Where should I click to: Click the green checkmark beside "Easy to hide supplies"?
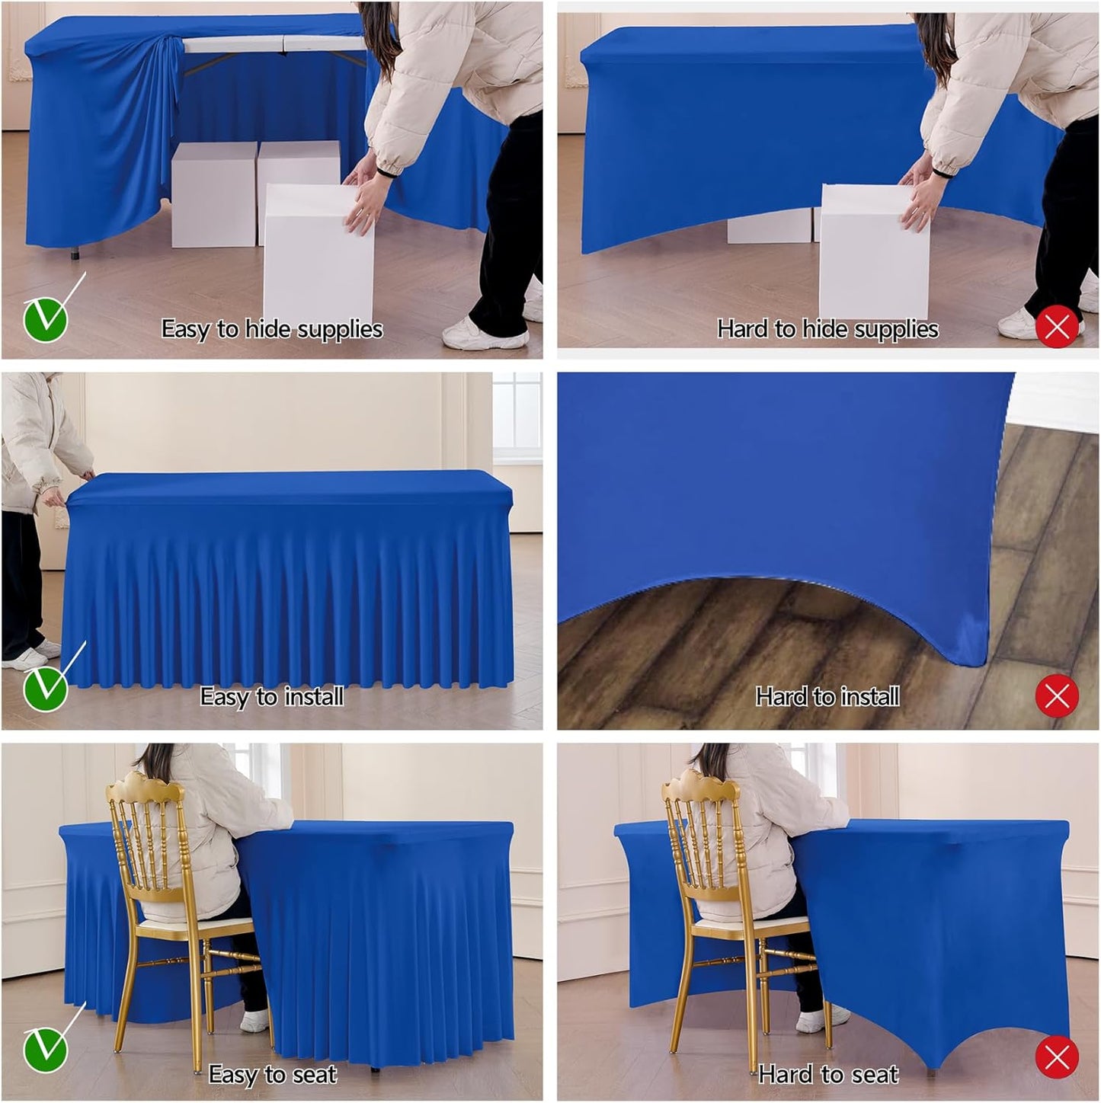click(x=46, y=320)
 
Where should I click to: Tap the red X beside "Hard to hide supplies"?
click(x=1057, y=327)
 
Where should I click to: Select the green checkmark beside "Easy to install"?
click(x=46, y=689)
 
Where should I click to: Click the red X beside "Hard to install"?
click(x=1057, y=695)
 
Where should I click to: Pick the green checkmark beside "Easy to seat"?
click(x=46, y=1049)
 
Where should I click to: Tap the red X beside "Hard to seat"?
click(x=1057, y=1057)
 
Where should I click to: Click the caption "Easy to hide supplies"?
click(x=272, y=329)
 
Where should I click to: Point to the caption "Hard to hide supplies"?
click(x=828, y=329)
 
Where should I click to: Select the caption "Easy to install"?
click(x=272, y=696)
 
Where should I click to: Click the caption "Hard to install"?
click(x=828, y=696)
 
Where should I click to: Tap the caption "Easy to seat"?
click(x=272, y=1074)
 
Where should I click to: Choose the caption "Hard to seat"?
click(x=828, y=1074)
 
